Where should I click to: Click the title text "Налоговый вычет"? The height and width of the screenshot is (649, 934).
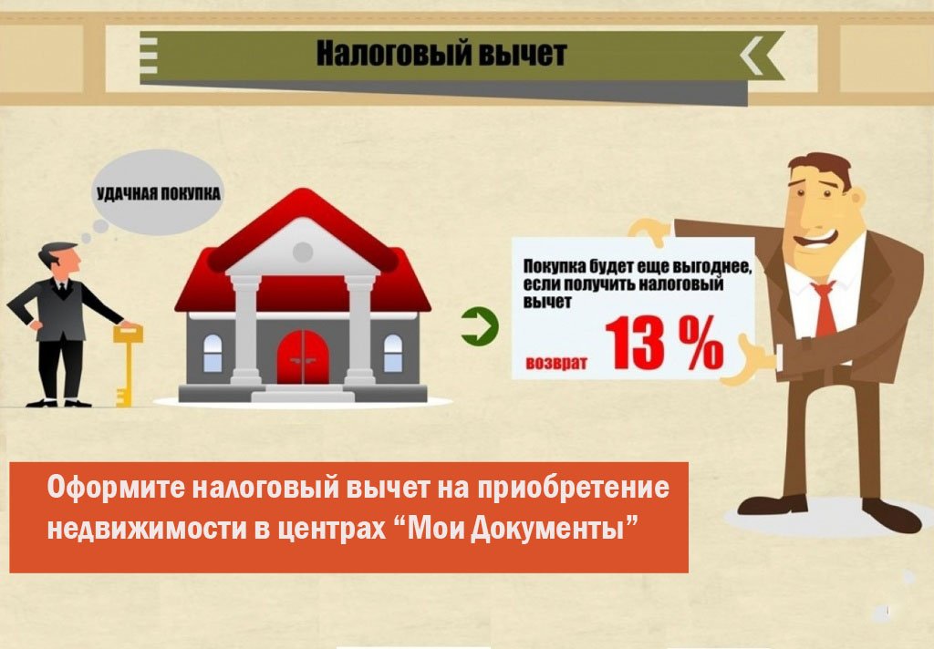[441, 53]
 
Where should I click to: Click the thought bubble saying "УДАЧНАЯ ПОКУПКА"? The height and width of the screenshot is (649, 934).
[159, 192]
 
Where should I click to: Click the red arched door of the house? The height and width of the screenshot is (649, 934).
[303, 356]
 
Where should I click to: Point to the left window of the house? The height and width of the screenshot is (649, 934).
[213, 353]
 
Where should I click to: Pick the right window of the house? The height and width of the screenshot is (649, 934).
[393, 353]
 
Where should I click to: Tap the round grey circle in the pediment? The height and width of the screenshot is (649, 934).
[303, 252]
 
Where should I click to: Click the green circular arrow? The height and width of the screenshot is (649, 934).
[480, 326]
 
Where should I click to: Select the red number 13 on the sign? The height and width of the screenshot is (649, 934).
[635, 345]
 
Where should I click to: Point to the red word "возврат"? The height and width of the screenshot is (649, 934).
[555, 363]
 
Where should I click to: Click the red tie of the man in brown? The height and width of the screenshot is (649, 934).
[824, 310]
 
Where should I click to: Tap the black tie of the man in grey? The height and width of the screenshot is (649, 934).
[61, 290]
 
